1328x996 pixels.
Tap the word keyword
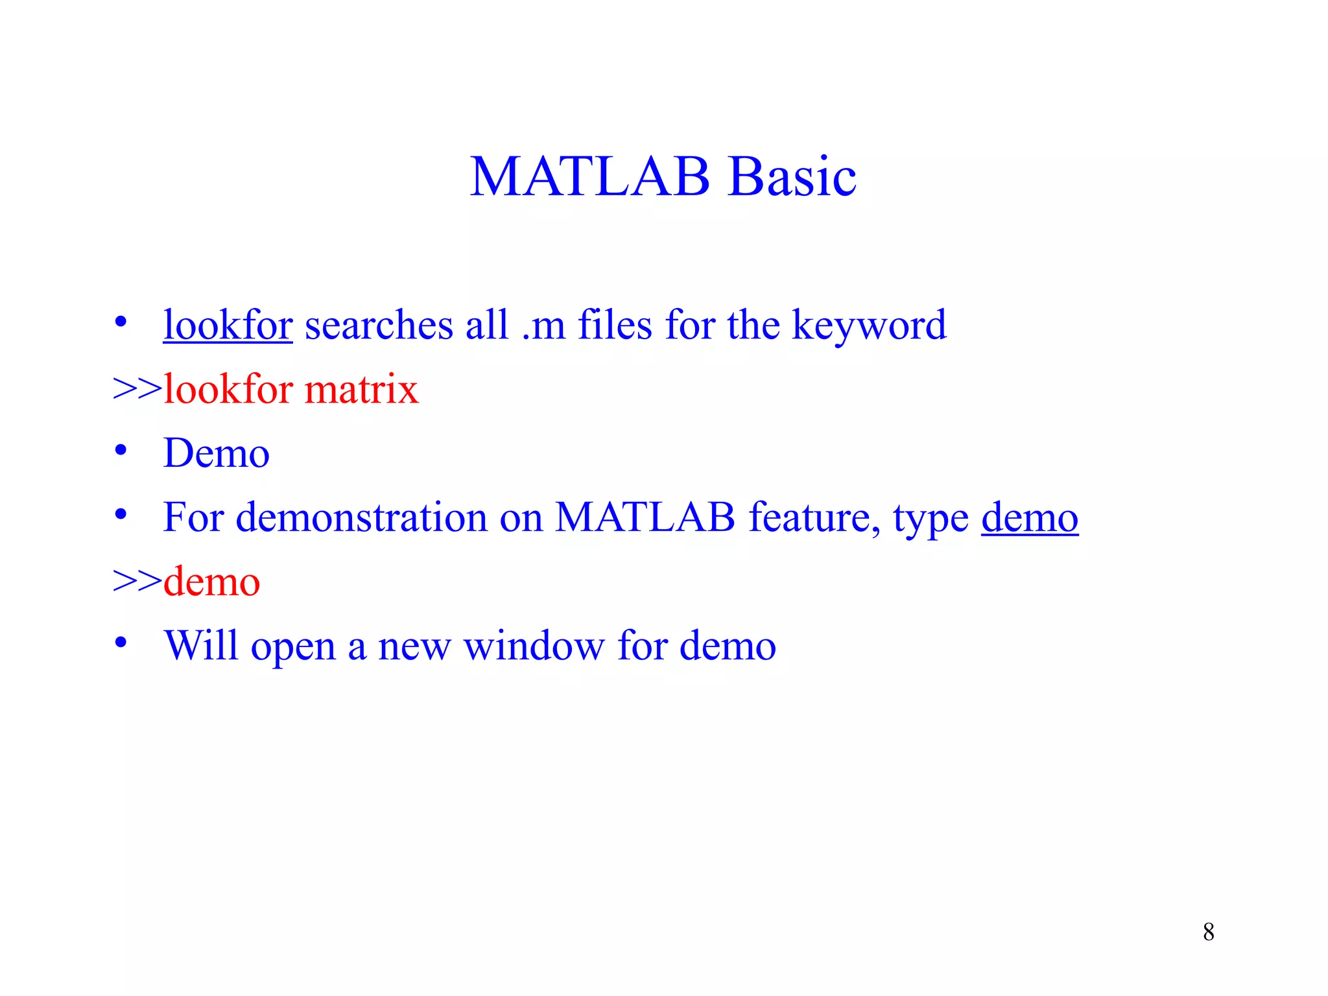point(869,326)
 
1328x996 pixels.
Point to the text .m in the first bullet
point(543,326)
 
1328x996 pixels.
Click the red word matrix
point(361,389)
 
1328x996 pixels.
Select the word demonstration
point(361,517)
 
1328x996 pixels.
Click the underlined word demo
point(1029,517)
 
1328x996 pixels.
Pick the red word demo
point(211,581)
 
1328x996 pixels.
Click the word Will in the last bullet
point(201,645)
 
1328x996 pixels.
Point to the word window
point(534,645)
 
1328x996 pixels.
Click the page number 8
point(1208,932)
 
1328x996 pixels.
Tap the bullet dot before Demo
point(121,450)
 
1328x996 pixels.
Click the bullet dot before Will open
point(121,643)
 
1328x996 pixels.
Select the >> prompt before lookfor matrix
point(137,389)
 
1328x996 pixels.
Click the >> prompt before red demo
point(137,581)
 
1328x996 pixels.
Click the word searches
point(379,326)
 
